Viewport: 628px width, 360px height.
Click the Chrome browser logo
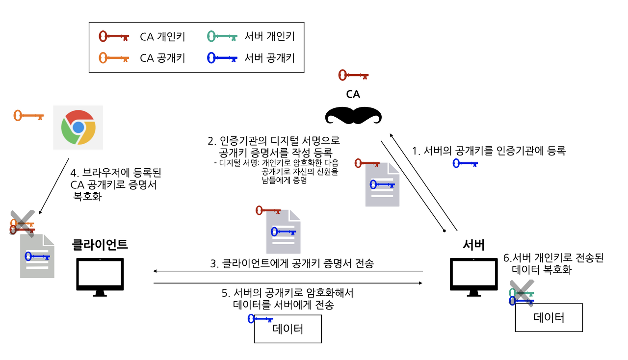[x=78, y=127]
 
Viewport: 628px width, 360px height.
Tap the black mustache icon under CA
[x=353, y=116]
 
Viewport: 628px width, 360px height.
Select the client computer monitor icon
[x=100, y=277]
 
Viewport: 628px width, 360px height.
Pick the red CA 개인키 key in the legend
[x=114, y=36]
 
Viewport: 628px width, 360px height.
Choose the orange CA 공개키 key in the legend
[x=114, y=58]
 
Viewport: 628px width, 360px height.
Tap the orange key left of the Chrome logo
[x=28, y=116]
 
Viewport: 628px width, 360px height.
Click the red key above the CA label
[x=353, y=76]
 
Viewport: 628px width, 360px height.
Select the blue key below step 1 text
[x=465, y=164]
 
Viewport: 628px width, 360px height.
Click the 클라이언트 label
[x=100, y=243]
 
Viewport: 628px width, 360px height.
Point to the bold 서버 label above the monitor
[x=474, y=245]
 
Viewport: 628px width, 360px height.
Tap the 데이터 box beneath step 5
[x=288, y=329]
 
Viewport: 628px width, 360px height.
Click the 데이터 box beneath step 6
[x=549, y=318]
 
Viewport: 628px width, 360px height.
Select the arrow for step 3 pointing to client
[x=288, y=271]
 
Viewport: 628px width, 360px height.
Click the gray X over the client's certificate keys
[x=23, y=223]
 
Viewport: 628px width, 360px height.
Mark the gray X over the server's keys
[x=521, y=293]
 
